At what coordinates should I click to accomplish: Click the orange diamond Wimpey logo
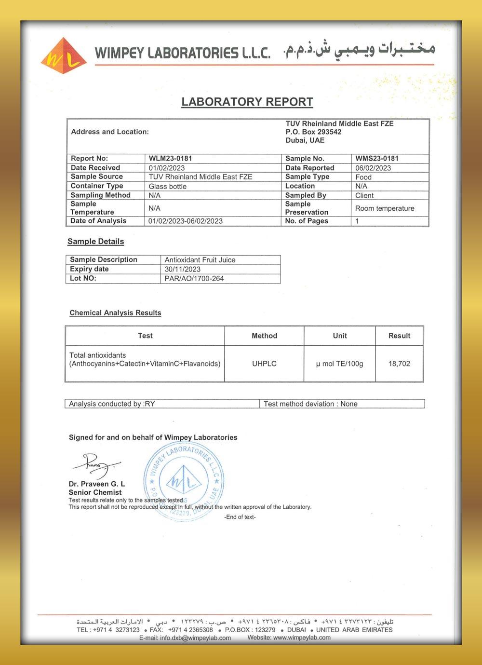(x=64, y=56)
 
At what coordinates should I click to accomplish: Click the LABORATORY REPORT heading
(x=247, y=102)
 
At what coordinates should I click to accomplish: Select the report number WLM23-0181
(x=170, y=158)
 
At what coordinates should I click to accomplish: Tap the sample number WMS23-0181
(x=376, y=158)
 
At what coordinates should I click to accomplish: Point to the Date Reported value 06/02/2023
(x=373, y=168)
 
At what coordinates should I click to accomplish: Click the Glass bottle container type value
(x=167, y=186)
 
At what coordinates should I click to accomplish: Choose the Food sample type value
(x=363, y=177)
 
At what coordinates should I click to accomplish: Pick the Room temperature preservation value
(x=385, y=208)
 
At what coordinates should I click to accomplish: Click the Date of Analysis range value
(x=186, y=221)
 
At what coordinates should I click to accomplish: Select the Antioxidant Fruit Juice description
(x=200, y=260)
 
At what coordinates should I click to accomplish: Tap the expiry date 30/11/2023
(x=182, y=269)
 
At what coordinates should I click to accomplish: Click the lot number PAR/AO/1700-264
(x=194, y=278)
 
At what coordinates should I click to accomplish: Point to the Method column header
(x=264, y=336)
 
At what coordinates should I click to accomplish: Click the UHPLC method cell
(x=264, y=364)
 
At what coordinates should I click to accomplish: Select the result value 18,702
(x=399, y=364)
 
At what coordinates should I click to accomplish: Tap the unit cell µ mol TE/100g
(x=339, y=364)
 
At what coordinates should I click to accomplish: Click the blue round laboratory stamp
(x=184, y=480)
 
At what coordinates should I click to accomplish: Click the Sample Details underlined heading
(x=95, y=241)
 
